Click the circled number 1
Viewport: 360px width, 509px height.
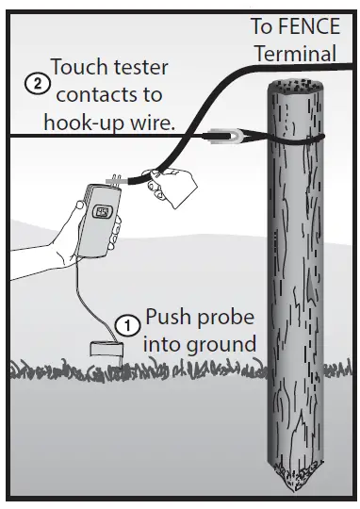pos(126,321)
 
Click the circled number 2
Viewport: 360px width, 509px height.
pos(36,84)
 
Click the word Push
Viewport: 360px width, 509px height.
pos(167,319)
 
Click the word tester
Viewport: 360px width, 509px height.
pos(141,68)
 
